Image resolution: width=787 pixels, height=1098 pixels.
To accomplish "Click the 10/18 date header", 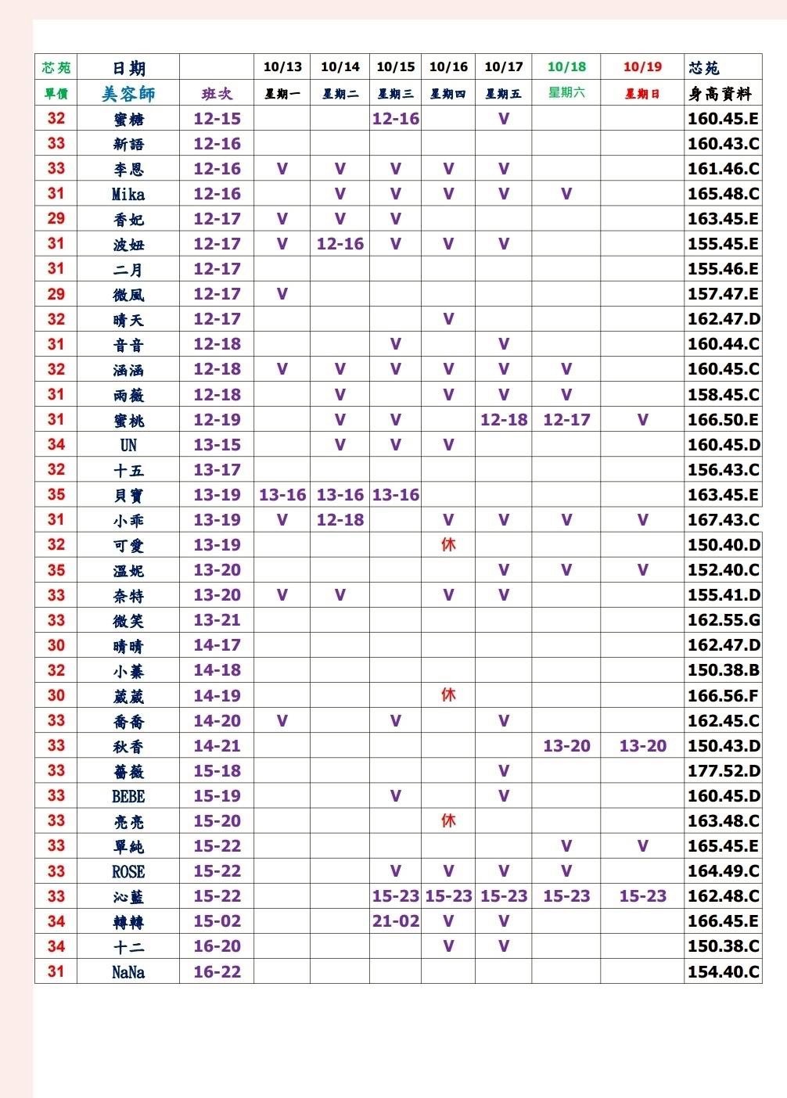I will [x=566, y=67].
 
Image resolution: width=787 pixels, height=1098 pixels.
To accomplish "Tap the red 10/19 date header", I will [x=642, y=67].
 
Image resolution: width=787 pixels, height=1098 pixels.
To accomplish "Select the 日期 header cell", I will [x=128, y=68].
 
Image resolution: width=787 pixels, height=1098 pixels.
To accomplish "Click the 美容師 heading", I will [x=128, y=94].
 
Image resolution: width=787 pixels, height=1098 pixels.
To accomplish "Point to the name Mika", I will [x=128, y=194].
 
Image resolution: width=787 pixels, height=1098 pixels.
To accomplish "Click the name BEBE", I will [x=128, y=796].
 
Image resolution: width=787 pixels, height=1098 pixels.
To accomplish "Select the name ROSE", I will [x=128, y=871].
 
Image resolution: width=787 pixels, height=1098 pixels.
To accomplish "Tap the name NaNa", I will [x=128, y=972].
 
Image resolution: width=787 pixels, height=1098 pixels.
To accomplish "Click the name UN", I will [x=128, y=445].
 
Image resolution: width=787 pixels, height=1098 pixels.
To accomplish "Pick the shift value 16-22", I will [x=217, y=971].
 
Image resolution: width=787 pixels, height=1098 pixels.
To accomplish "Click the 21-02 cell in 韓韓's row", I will [x=396, y=921].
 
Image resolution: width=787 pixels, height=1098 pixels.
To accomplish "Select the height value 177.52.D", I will [x=724, y=771].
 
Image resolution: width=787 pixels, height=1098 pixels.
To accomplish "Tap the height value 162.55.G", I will [x=724, y=620].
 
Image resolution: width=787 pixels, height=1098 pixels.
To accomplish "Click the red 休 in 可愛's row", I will [x=448, y=544].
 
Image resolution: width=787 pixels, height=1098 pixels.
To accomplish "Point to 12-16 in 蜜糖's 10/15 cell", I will [x=396, y=119].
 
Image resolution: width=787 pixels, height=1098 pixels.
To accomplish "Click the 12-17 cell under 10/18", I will [x=566, y=420].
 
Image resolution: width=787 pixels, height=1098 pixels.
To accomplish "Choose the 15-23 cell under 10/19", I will [x=642, y=896].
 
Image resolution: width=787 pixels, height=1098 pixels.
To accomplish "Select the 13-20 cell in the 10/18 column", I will [x=566, y=746].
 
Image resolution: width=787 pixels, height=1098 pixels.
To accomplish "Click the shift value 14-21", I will [x=217, y=746].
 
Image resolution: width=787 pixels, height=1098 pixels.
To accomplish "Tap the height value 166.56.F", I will [x=724, y=695].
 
